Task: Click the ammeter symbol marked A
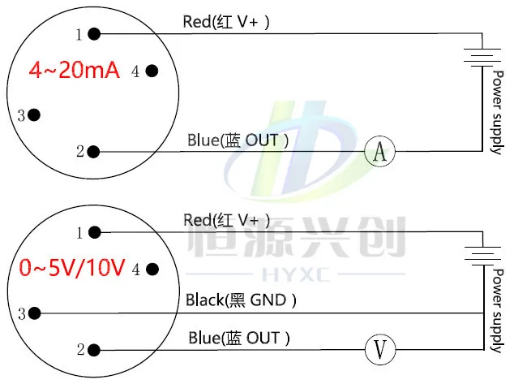click(x=379, y=151)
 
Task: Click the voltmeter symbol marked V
click(x=380, y=350)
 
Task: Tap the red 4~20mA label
click(x=74, y=70)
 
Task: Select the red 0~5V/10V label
click(x=72, y=267)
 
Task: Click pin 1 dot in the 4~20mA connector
click(x=94, y=34)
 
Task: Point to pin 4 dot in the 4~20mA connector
click(x=152, y=71)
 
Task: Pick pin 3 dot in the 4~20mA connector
click(x=34, y=114)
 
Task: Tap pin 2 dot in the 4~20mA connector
click(x=93, y=152)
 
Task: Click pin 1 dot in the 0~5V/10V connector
click(x=95, y=232)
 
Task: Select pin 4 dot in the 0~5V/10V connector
click(x=152, y=270)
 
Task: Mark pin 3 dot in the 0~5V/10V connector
click(x=34, y=313)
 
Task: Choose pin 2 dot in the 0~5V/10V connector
click(x=94, y=350)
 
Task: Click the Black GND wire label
click(x=241, y=300)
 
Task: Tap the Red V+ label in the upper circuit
click(x=226, y=22)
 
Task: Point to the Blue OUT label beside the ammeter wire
click(x=238, y=140)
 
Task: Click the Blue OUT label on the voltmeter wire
click(x=239, y=338)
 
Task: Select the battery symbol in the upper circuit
click(x=482, y=58)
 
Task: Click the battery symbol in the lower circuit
click(x=483, y=256)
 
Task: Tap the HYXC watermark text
click(x=296, y=274)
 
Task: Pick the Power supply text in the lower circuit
click(x=498, y=311)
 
